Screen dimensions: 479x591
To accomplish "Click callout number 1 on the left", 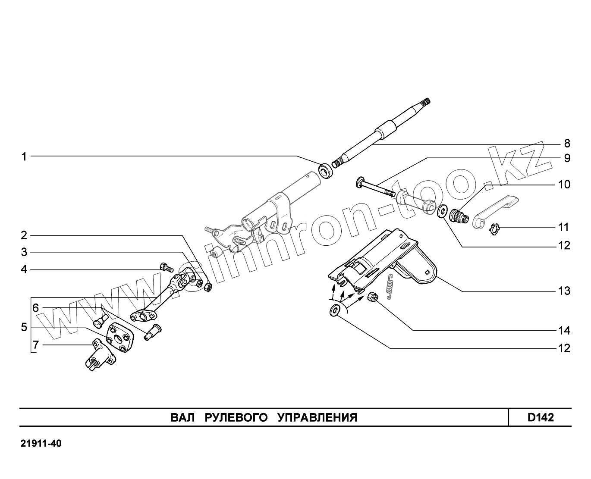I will tap(25, 157).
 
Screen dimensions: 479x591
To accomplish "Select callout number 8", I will tap(567, 143).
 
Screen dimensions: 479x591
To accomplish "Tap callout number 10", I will tap(564, 185).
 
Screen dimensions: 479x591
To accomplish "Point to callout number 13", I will tap(564, 291).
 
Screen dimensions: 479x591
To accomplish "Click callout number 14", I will tap(564, 331).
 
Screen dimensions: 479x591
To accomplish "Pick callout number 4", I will tap(25, 269).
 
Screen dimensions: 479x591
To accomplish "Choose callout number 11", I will tap(564, 227).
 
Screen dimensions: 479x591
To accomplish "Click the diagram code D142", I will tap(540, 417).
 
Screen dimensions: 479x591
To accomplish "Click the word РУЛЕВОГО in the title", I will tap(236, 417).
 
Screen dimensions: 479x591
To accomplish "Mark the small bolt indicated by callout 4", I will tap(166, 267).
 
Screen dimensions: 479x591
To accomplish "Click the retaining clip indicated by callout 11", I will tap(495, 229).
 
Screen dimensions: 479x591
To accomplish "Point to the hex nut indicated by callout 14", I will tap(374, 297).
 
